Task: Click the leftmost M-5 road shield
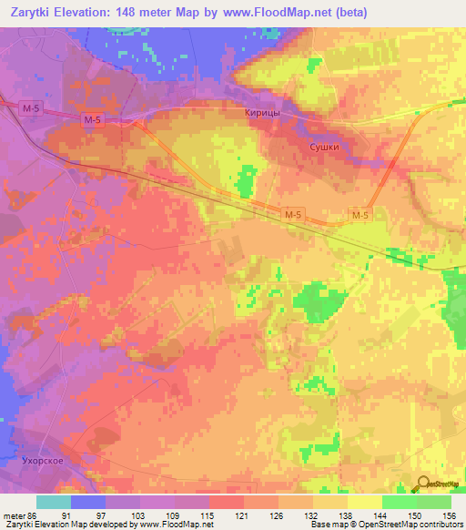coord(31,108)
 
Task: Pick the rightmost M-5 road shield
coord(361,215)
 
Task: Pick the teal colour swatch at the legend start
coord(53,502)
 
